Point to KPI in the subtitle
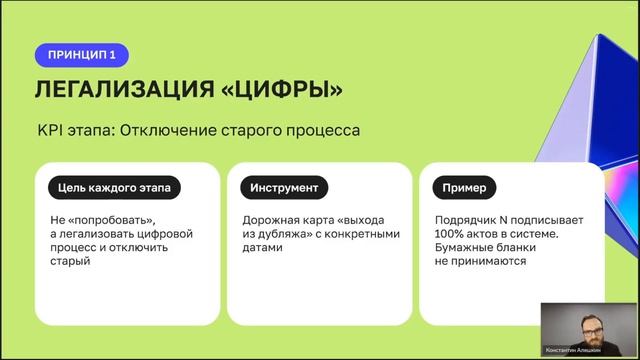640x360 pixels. pos(50,131)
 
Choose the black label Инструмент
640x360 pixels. pos(279,187)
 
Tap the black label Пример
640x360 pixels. pos(461,187)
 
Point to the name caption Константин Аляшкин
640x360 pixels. pos(573,351)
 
